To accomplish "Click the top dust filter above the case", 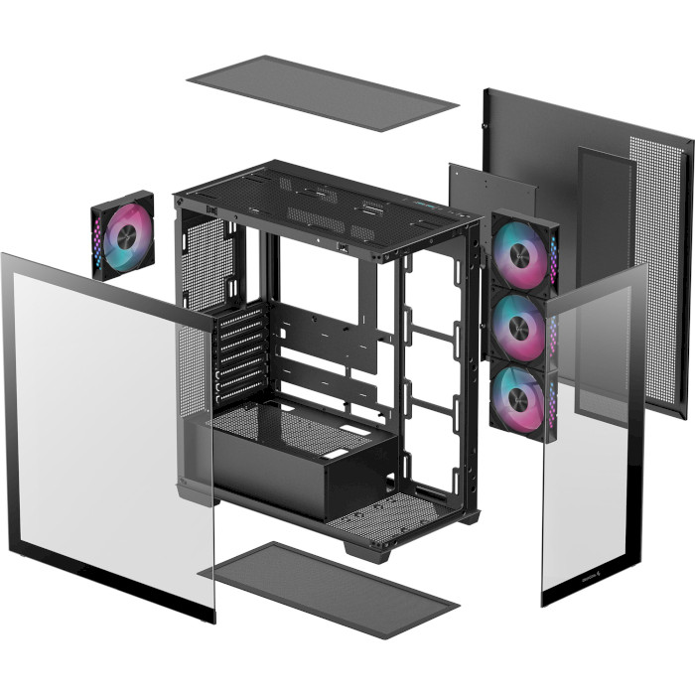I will (x=322, y=92).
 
